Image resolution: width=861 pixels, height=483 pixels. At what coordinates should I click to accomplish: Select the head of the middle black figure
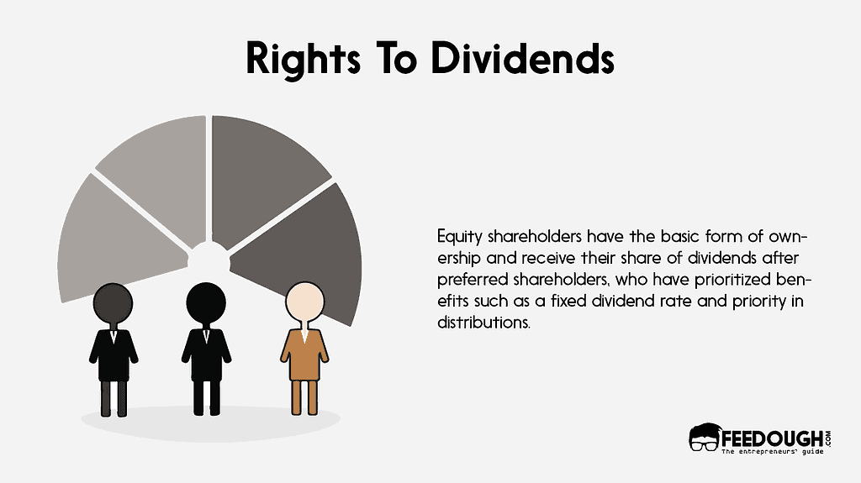point(204,300)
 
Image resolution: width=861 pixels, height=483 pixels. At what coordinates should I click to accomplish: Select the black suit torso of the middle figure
point(204,353)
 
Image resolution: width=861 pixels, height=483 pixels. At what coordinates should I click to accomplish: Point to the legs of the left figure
point(114,397)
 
